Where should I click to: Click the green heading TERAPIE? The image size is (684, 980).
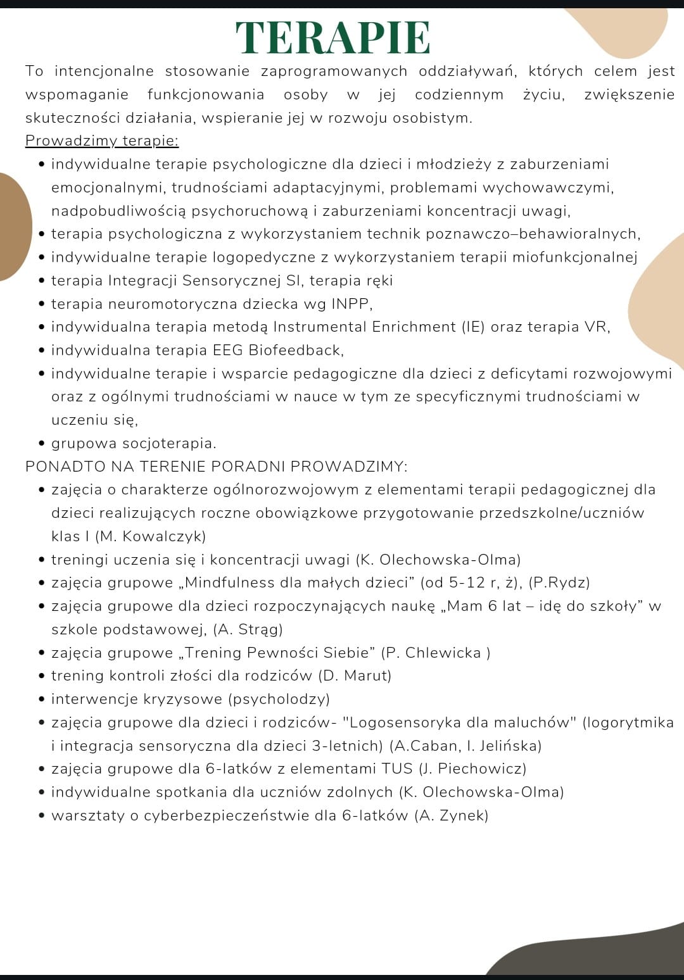[x=333, y=38]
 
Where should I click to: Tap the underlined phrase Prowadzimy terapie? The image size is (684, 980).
[x=102, y=141]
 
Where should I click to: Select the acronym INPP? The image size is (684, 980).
[x=351, y=304]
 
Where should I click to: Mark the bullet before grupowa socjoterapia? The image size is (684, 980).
[x=42, y=444]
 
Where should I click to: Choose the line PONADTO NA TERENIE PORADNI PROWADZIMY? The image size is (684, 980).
[x=217, y=467]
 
